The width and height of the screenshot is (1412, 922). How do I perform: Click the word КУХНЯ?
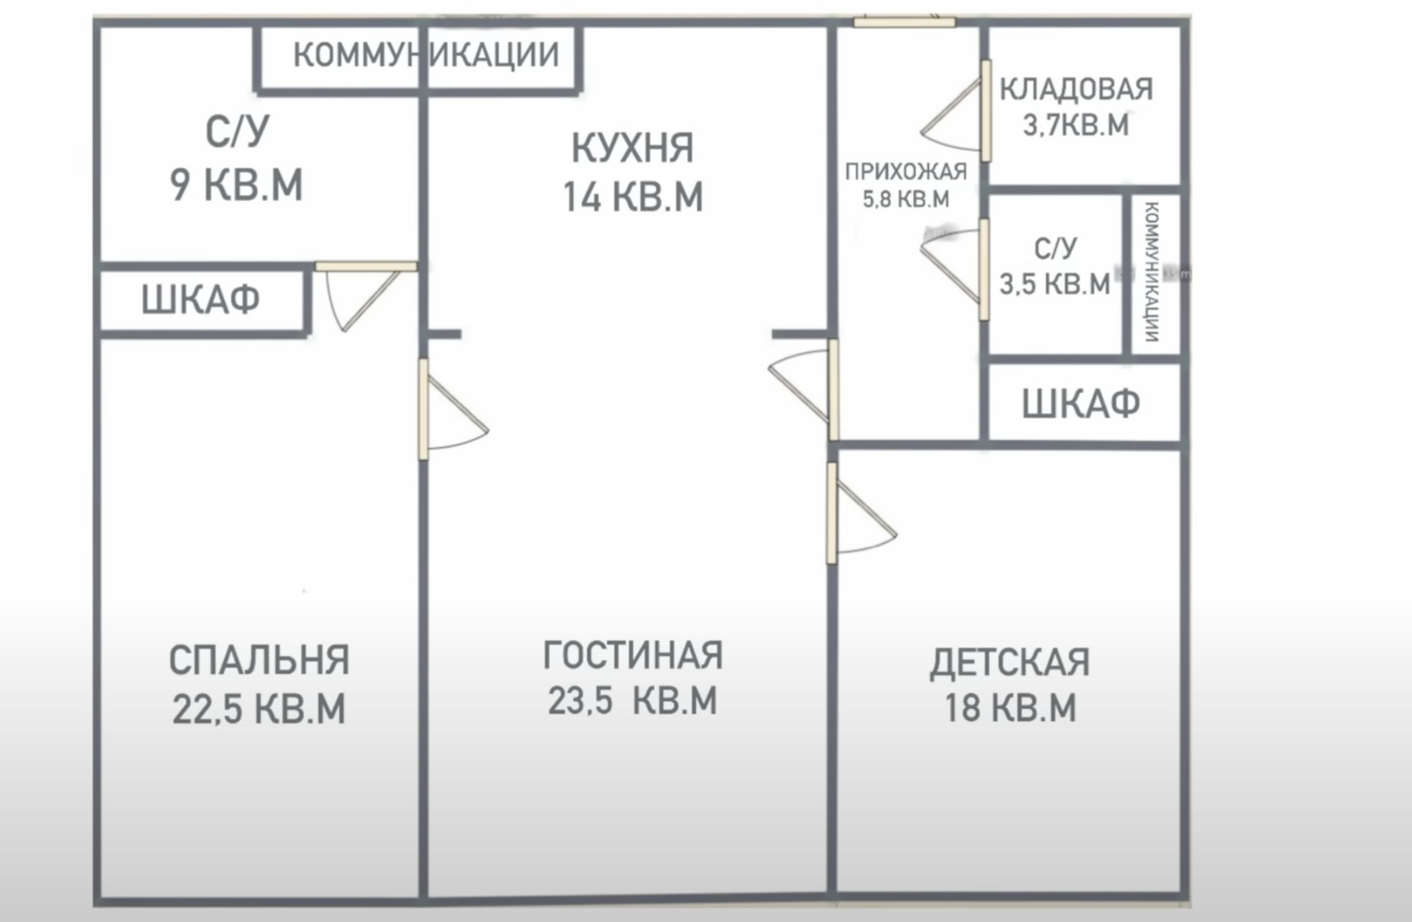pyautogui.click(x=633, y=148)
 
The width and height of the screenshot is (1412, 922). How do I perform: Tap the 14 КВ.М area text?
pyautogui.click(x=633, y=196)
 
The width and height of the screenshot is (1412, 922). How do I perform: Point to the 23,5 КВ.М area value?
pyautogui.click(x=633, y=700)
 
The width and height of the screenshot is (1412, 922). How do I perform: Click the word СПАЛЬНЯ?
pyautogui.click(x=259, y=660)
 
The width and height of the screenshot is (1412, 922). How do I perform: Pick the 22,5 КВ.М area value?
pyautogui.click(x=259, y=709)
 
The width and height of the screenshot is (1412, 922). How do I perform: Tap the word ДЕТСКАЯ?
pyautogui.click(x=1010, y=662)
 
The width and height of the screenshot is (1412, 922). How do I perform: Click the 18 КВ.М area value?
pyautogui.click(x=1010, y=707)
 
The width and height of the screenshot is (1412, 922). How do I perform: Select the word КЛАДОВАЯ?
pyautogui.click(x=1076, y=89)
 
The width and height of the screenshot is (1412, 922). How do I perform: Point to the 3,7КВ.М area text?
pyautogui.click(x=1075, y=124)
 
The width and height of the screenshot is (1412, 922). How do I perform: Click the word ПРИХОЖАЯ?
pyautogui.click(x=906, y=171)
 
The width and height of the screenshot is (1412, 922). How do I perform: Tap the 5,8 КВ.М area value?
pyautogui.click(x=906, y=199)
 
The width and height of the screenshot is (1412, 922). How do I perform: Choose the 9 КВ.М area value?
pyautogui.click(x=236, y=184)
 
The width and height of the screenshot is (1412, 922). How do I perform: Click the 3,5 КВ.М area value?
pyautogui.click(x=1054, y=284)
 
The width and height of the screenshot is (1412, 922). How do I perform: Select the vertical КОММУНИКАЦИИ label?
pyautogui.click(x=1152, y=272)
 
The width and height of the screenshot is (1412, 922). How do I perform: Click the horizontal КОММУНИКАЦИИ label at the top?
pyautogui.click(x=426, y=54)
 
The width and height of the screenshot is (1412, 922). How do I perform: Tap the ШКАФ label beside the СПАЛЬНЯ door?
pyautogui.click(x=200, y=299)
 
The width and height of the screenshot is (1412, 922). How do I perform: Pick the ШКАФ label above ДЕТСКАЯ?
pyautogui.click(x=1081, y=403)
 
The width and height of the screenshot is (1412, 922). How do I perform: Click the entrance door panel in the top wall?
pyautogui.click(x=905, y=23)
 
